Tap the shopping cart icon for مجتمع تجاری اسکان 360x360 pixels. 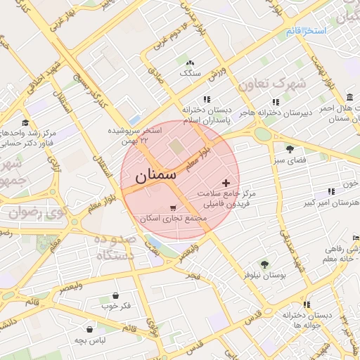pos(173,208)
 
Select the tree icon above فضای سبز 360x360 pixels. pos(290,149)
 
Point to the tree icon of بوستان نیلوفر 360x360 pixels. pos(264,264)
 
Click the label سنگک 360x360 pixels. pos(190,72)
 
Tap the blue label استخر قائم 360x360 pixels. pos(306,32)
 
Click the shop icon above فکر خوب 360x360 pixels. pos(115,295)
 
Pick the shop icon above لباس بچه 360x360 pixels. pos(90,328)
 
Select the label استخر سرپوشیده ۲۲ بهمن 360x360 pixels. pos(135,136)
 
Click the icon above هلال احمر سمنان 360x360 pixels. pos(350,97)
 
